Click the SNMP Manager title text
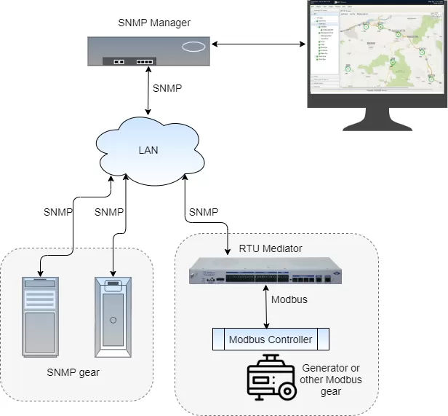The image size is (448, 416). point(154,23)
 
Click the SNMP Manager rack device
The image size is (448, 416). point(148,52)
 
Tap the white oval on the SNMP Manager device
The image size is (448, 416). point(193,47)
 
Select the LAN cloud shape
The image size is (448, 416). point(148,151)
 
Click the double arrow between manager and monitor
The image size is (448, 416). point(258,46)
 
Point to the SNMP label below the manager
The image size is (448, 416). point(167,87)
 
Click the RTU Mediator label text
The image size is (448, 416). point(271,248)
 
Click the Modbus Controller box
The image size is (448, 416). point(271,340)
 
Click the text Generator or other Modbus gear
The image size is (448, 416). point(330,380)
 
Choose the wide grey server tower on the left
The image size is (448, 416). point(40,316)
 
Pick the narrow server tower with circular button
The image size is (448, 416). point(113,316)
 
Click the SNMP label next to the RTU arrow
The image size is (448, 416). point(204,212)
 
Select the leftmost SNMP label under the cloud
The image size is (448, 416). point(58,212)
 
